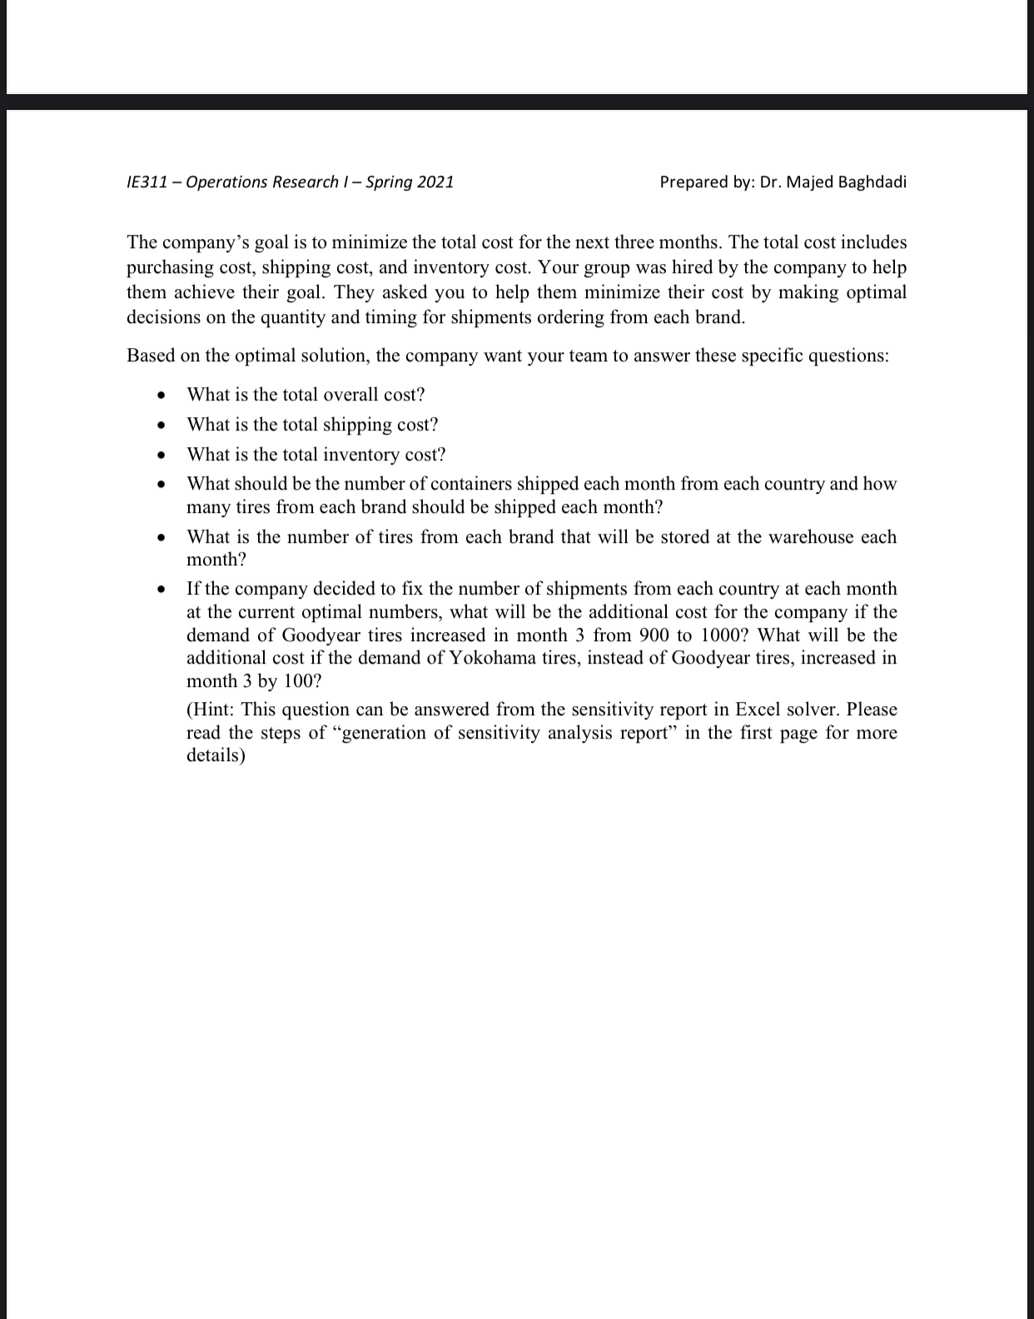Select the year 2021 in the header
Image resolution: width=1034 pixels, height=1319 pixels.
[435, 182]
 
